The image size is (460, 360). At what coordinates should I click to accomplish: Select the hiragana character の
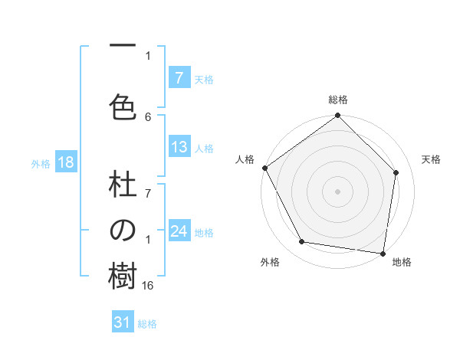coord(123,231)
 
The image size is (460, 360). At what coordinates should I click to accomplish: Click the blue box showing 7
coord(179,77)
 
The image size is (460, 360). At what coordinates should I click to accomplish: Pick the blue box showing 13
coord(179,148)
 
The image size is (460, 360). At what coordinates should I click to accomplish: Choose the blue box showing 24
coord(179,231)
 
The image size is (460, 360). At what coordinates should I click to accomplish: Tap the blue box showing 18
coord(65,163)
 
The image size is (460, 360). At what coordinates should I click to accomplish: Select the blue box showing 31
coord(123,322)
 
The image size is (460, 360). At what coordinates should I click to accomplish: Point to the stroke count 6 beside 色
coord(148,116)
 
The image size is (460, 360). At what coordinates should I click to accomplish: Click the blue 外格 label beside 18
coord(41,164)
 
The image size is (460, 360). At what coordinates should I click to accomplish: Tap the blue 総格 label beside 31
coord(147,324)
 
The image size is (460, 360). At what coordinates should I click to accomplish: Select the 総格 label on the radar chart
coord(338,100)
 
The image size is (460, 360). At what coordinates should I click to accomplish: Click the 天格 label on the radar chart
coord(431,159)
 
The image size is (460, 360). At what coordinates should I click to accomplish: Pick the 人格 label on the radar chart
coord(245,159)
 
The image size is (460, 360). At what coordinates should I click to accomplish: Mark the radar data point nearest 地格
coord(383,253)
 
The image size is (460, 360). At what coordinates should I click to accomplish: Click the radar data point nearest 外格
coord(302,242)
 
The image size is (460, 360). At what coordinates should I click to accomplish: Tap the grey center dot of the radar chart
coord(338,191)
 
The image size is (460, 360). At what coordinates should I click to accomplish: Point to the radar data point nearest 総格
coord(338,116)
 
